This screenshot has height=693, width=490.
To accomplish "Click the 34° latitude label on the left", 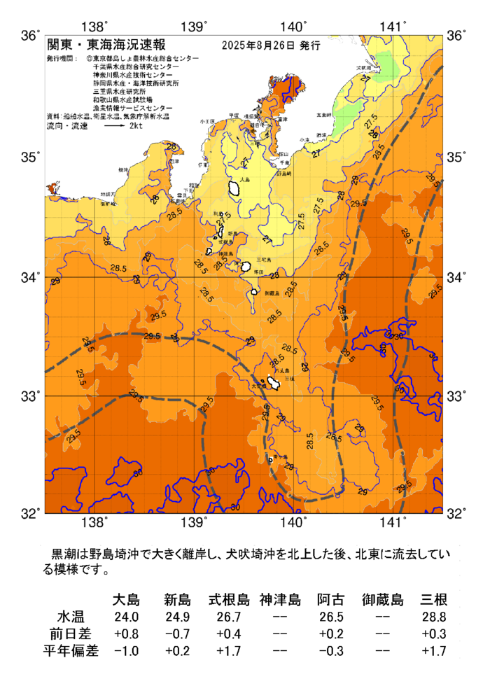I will (30, 277).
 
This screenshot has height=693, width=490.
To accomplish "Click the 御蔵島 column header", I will (382, 599).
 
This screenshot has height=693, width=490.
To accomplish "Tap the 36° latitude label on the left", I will (30, 35).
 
